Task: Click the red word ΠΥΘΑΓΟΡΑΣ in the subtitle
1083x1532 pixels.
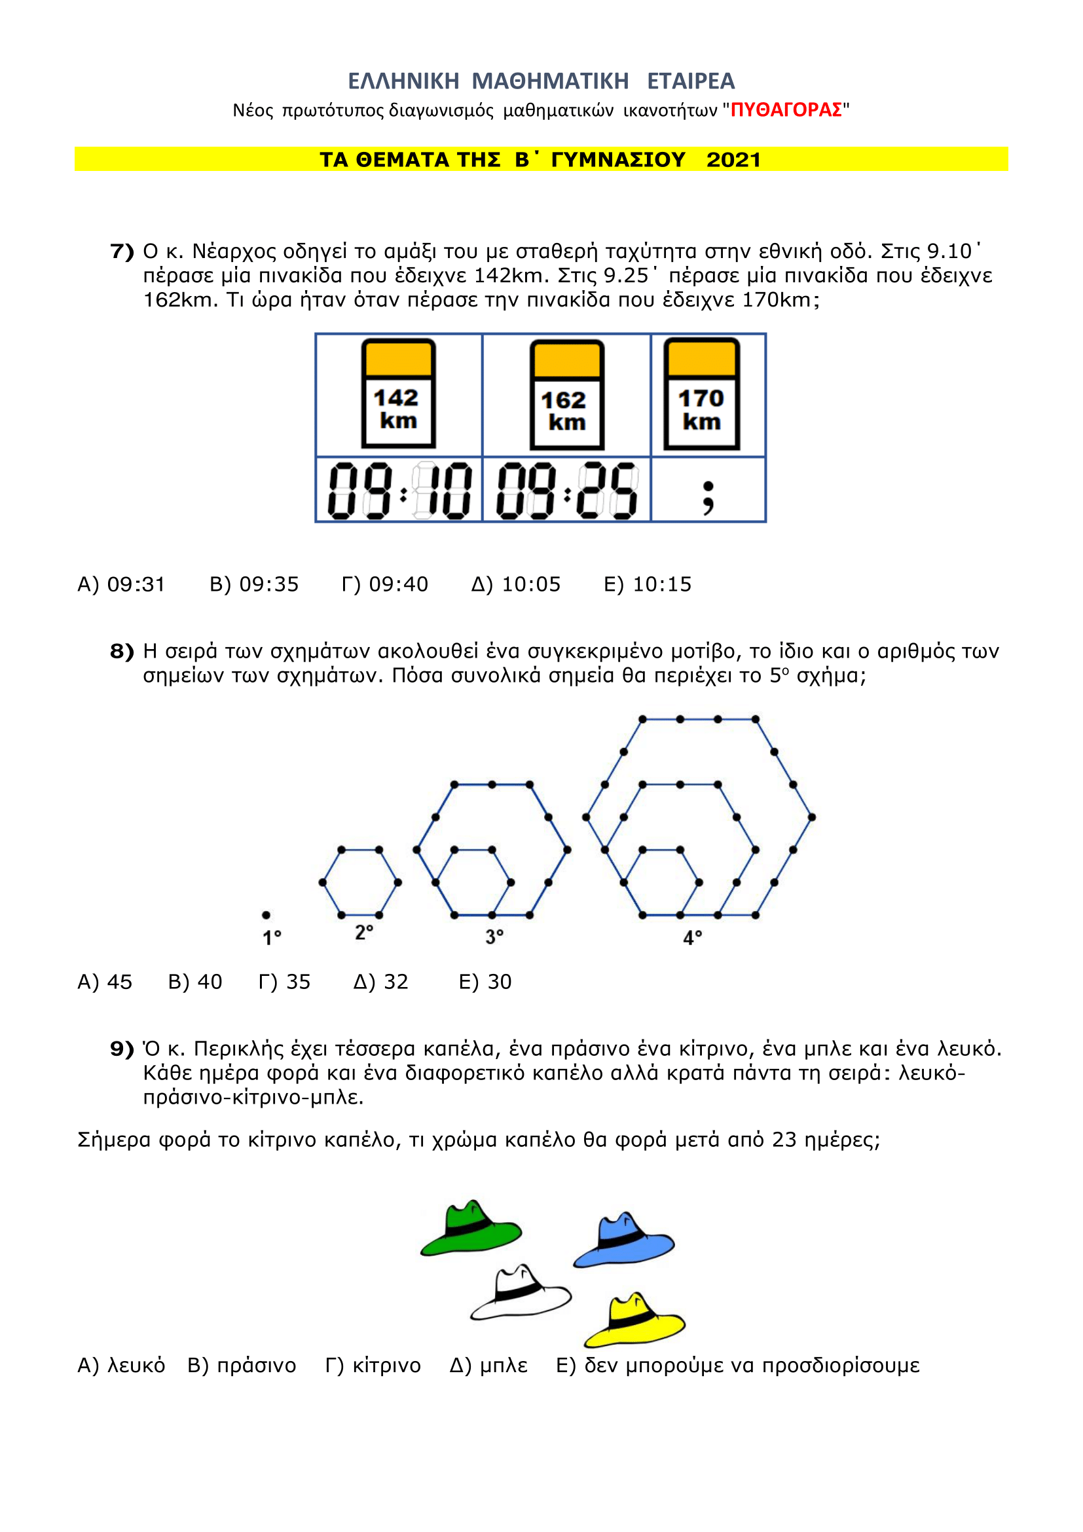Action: tap(786, 110)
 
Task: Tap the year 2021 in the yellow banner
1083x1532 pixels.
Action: tap(733, 160)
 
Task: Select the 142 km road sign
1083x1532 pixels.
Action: tap(398, 393)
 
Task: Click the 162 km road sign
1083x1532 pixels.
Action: tap(567, 394)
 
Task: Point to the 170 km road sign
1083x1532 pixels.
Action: tap(701, 393)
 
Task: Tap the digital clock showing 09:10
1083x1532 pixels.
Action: tap(399, 491)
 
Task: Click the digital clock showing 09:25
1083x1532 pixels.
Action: tap(568, 491)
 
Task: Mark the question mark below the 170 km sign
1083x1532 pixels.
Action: tap(708, 498)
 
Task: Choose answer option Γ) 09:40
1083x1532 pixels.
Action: tap(385, 584)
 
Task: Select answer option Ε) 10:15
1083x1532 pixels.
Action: tap(648, 584)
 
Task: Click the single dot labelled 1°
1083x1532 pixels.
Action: tap(266, 915)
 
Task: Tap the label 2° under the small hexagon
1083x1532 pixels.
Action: tap(364, 932)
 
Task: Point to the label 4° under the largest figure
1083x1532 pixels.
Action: tap(692, 938)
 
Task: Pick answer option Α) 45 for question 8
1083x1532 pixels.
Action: tap(105, 982)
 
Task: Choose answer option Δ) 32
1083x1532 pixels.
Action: tap(381, 982)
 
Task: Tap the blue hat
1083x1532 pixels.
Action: tap(623, 1240)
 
